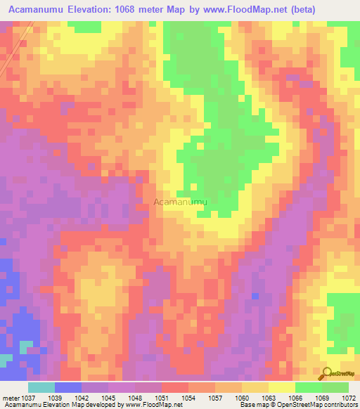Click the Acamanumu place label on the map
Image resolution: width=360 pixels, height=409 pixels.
point(181,202)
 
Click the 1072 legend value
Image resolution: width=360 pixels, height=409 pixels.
point(348,397)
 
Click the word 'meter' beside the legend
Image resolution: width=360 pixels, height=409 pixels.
point(12,397)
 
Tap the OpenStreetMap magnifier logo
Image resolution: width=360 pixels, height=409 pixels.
point(326,374)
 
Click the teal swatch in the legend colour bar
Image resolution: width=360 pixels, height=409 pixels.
point(41,387)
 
